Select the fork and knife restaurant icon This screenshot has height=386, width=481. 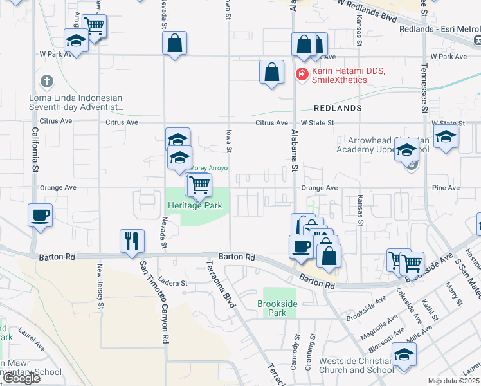click(132, 241)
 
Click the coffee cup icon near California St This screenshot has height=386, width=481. click(40, 214)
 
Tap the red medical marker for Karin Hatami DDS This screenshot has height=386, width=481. click(301, 75)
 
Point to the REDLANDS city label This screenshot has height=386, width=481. click(338, 107)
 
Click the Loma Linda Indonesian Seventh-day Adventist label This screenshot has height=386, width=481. click(76, 102)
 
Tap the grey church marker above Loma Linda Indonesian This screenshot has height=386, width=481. click(46, 82)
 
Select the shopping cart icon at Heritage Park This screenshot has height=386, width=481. click(200, 185)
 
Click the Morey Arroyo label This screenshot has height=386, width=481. click(210, 168)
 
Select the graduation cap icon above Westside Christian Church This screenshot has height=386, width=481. click(404, 354)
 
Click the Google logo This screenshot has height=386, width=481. click(22, 378)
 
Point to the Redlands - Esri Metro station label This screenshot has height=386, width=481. click(439, 29)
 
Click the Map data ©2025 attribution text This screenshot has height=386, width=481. click(453, 381)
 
